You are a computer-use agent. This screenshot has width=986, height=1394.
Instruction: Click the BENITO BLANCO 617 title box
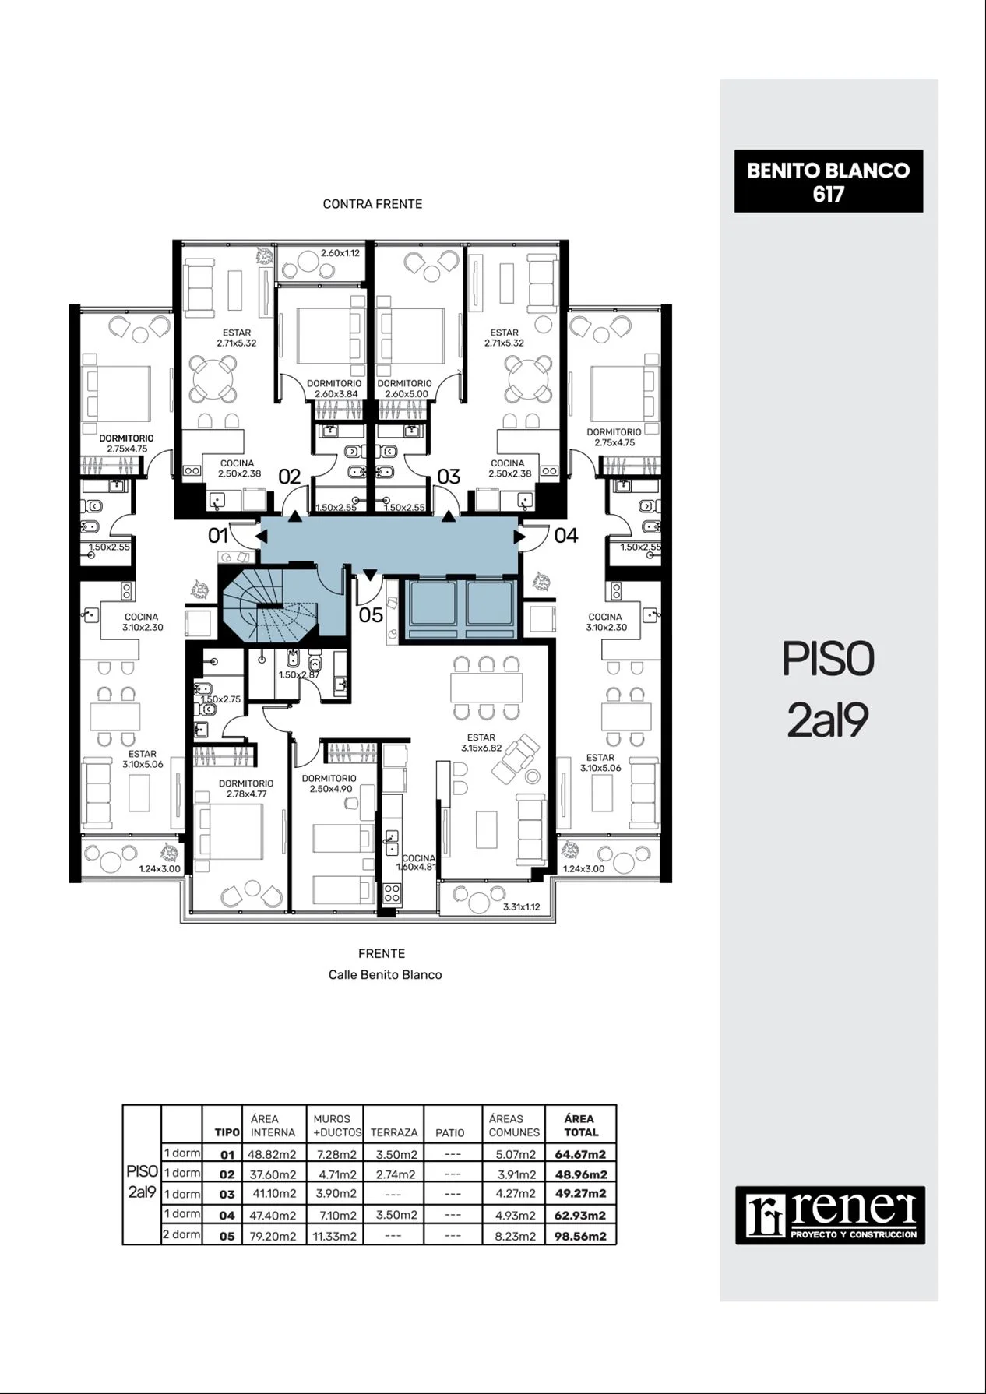coord(828,181)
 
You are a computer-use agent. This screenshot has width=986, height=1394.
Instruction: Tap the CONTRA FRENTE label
coord(372,204)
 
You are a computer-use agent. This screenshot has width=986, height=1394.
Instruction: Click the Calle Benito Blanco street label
coord(385,974)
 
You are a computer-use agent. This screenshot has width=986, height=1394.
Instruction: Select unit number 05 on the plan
coord(371,615)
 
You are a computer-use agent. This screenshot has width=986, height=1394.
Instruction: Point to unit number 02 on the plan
coord(289,477)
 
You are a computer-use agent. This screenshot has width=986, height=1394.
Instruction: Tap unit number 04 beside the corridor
coord(566,535)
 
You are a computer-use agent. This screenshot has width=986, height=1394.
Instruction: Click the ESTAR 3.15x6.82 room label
coord(481,742)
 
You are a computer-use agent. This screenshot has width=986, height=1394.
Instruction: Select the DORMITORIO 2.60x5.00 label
coord(405,389)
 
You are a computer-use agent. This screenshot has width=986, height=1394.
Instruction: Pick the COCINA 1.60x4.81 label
coord(417,862)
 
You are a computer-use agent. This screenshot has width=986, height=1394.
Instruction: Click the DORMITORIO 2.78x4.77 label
coord(246,789)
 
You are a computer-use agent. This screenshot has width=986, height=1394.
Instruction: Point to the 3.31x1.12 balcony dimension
coord(521,906)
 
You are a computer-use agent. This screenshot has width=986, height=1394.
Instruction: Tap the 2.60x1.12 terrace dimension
coord(340,253)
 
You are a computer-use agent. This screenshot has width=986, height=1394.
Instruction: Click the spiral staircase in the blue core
coord(269,604)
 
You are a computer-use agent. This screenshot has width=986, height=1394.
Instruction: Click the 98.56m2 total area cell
coord(581,1236)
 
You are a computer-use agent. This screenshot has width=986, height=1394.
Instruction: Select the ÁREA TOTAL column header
coord(581,1125)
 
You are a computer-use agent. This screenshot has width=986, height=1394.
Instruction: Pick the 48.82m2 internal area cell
coord(272,1154)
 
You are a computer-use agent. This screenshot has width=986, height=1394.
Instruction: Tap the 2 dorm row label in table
coord(181,1234)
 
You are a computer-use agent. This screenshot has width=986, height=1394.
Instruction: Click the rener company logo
coord(830,1215)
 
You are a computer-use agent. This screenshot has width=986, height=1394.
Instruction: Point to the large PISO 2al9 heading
coord(828,689)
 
